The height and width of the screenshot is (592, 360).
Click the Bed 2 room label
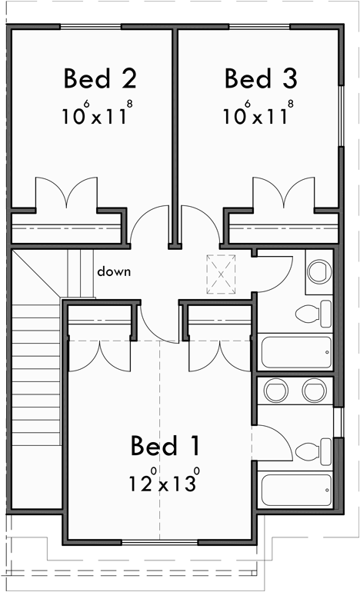pos(100,78)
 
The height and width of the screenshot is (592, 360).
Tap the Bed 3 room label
pos(261,78)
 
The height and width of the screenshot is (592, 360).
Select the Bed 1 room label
pos(165,445)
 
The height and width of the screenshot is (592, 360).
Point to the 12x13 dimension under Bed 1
pos(165,483)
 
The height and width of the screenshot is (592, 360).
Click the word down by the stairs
pos(113,271)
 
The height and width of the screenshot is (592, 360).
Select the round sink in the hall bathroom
pos(318,271)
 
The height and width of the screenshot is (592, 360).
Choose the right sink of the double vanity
pos(313,391)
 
